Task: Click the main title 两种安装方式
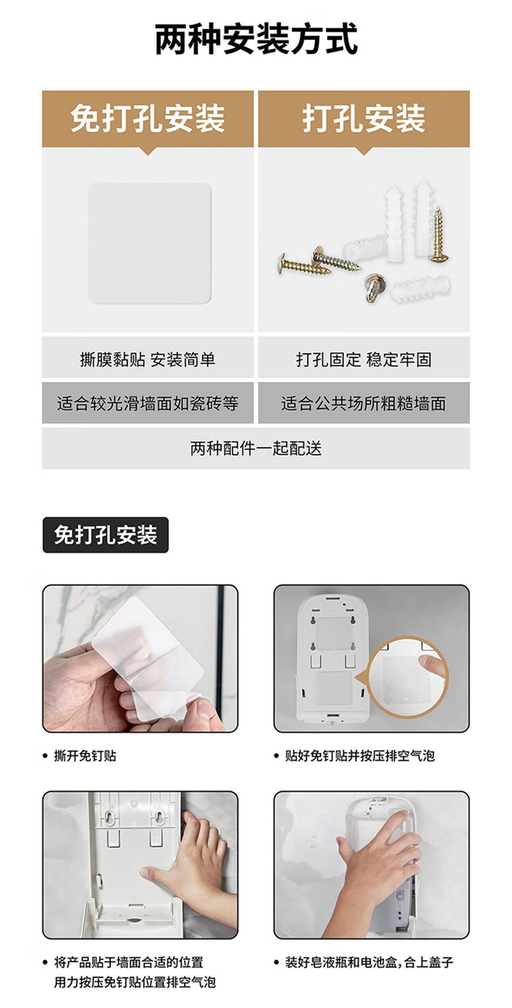point(256,40)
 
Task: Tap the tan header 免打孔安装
point(148,119)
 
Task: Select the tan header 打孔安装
point(364,119)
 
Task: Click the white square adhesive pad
point(150,243)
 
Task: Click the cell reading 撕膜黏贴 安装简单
point(148,360)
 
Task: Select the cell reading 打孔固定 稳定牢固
point(364,360)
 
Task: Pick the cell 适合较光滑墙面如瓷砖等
point(148,403)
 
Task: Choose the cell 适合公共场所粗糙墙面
point(364,403)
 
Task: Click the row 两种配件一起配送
point(256,448)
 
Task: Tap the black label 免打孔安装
point(106,535)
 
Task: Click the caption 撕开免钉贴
point(85,755)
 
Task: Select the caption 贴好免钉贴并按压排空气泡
point(360,755)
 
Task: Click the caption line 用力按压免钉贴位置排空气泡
point(135,981)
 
